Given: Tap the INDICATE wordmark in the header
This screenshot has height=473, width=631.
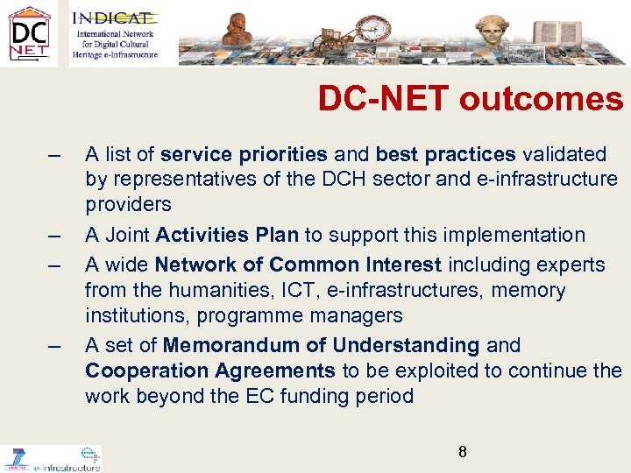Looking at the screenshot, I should click(111, 18).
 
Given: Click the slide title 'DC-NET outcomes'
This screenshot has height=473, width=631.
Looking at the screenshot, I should click(471, 99).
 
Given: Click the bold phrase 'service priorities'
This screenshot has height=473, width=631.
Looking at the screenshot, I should click(244, 155).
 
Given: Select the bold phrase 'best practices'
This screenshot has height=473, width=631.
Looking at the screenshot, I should click(445, 155).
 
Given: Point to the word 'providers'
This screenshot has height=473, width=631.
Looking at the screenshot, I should click(129, 204).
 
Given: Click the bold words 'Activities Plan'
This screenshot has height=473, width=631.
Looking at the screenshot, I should click(228, 235).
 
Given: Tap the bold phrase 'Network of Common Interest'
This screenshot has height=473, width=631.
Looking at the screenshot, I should click(311, 265).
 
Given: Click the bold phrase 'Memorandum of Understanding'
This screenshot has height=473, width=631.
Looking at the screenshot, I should click(321, 346).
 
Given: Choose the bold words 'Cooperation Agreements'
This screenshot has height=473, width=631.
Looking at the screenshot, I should click(210, 371).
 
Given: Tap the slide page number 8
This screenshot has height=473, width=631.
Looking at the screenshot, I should click(462, 452).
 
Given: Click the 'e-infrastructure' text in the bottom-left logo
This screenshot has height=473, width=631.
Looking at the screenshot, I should click(67, 467).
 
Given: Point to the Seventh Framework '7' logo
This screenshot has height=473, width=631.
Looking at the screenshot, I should click(16, 457).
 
